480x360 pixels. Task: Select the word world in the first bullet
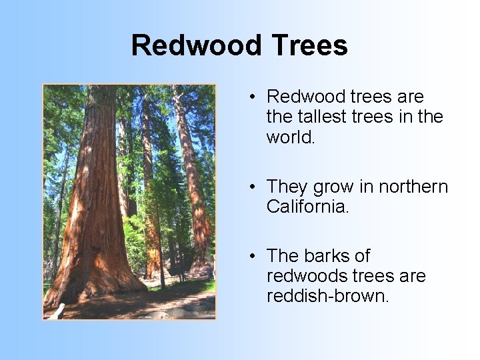pyautogui.click(x=289, y=137)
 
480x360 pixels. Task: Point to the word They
pyautogui.click(x=288, y=187)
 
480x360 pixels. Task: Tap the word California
pyautogui.click(x=307, y=207)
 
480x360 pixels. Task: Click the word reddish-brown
pyautogui.click(x=327, y=296)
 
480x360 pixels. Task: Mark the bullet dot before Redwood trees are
pyautogui.click(x=254, y=97)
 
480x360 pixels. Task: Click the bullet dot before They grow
pyautogui.click(x=254, y=187)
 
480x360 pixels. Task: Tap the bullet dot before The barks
pyautogui.click(x=254, y=257)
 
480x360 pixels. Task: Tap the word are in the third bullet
pyautogui.click(x=411, y=276)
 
